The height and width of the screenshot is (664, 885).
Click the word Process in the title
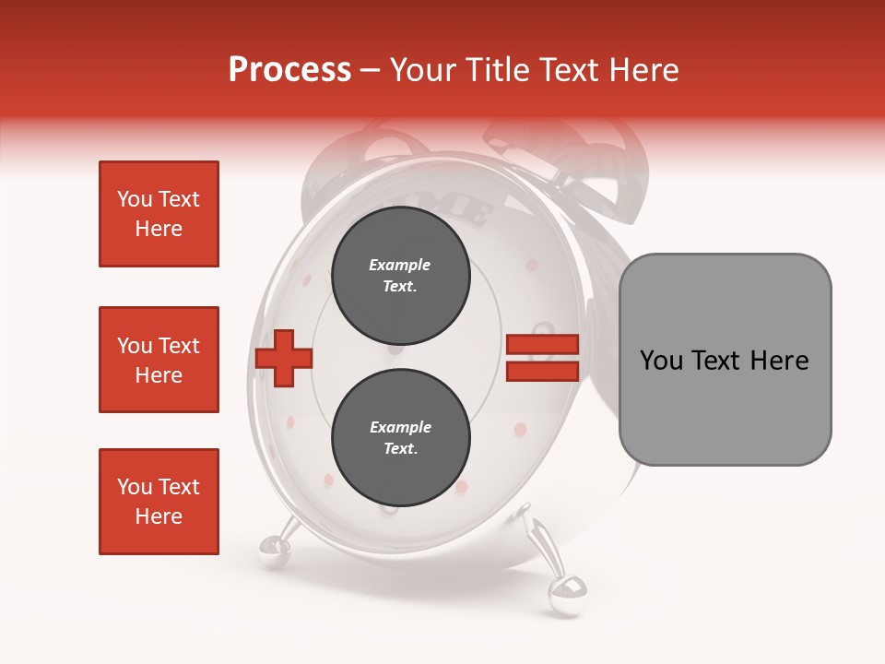pyautogui.click(x=289, y=70)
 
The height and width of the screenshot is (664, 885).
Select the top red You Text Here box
pyautogui.click(x=159, y=214)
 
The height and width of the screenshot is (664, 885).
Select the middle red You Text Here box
pyautogui.click(x=159, y=360)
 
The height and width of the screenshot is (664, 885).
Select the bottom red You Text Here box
pyautogui.click(x=159, y=502)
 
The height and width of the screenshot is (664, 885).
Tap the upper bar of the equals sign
pyautogui.click(x=542, y=344)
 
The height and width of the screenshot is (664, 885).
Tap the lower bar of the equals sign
pyautogui.click(x=542, y=371)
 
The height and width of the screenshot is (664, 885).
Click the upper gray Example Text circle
pyautogui.click(x=400, y=276)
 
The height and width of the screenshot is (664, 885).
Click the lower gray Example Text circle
pyautogui.click(x=400, y=438)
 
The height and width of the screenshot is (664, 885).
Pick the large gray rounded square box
pyautogui.click(x=725, y=359)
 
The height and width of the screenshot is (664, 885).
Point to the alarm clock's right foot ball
pyautogui.click(x=563, y=592)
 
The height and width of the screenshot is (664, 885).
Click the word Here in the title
pyautogui.click(x=642, y=70)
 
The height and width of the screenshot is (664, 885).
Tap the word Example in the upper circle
pyautogui.click(x=400, y=266)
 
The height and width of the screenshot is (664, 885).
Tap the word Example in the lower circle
pyautogui.click(x=400, y=428)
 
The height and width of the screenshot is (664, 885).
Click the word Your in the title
pyautogui.click(x=423, y=70)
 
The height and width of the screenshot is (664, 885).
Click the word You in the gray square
pyautogui.click(x=661, y=361)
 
